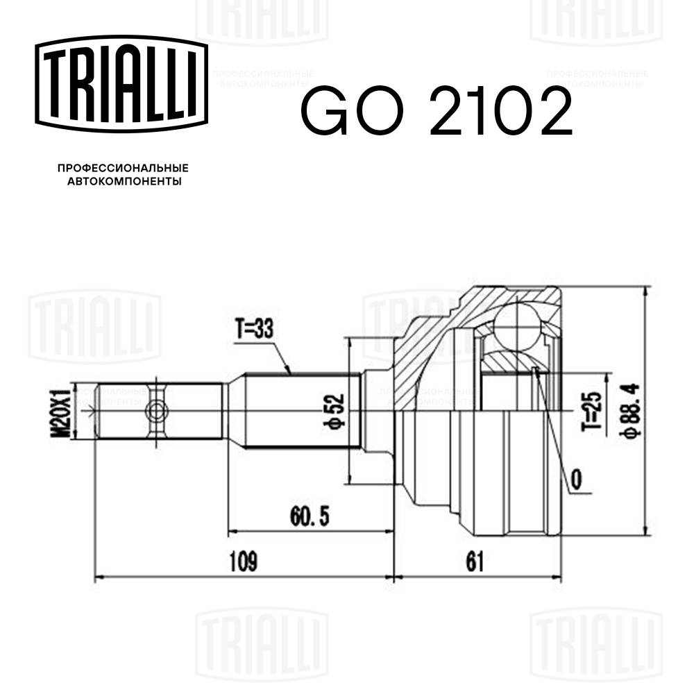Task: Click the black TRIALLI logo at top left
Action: pyautogui.click(x=122, y=83)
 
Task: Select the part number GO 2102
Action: pyautogui.click(x=436, y=112)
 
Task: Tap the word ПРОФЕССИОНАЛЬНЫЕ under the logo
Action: pyautogui.click(x=123, y=168)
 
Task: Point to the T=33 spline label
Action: pyautogui.click(x=253, y=330)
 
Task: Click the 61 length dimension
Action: pyautogui.click(x=475, y=561)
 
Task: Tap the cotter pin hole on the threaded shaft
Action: pyautogui.click(x=155, y=412)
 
